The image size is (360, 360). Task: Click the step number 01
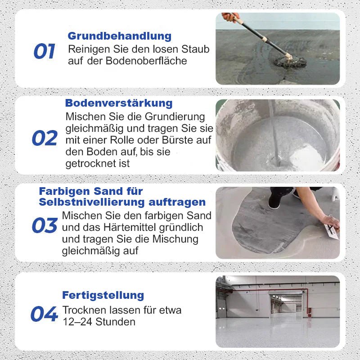(44, 52)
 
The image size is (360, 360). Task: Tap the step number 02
(45, 138)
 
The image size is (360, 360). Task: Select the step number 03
(45, 225)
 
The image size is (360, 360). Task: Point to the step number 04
(44, 314)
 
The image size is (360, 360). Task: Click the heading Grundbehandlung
(120, 36)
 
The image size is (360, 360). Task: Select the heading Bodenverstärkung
(119, 103)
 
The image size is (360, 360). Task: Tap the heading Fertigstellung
(103, 295)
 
